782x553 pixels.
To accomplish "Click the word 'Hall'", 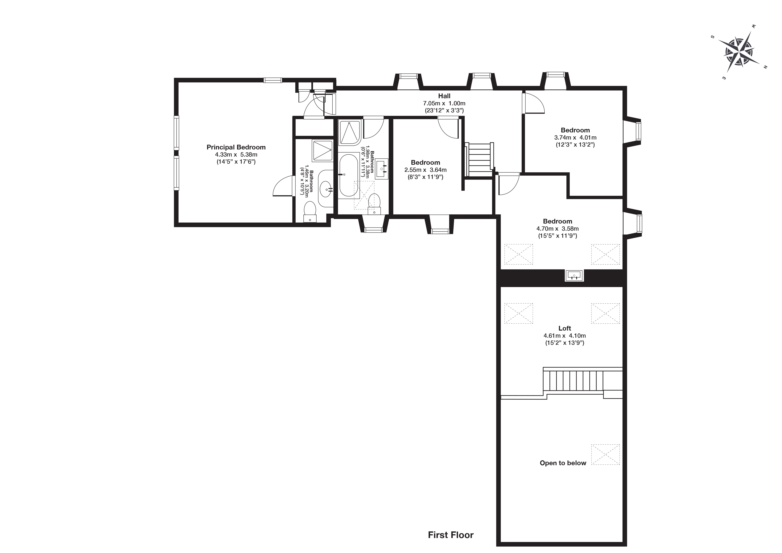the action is pos(444,96).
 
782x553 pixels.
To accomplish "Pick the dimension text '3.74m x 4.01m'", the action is pos(575,138).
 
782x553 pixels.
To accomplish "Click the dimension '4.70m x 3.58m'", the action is pos(558,228).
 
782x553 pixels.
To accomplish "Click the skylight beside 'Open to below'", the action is pos(605,454).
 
